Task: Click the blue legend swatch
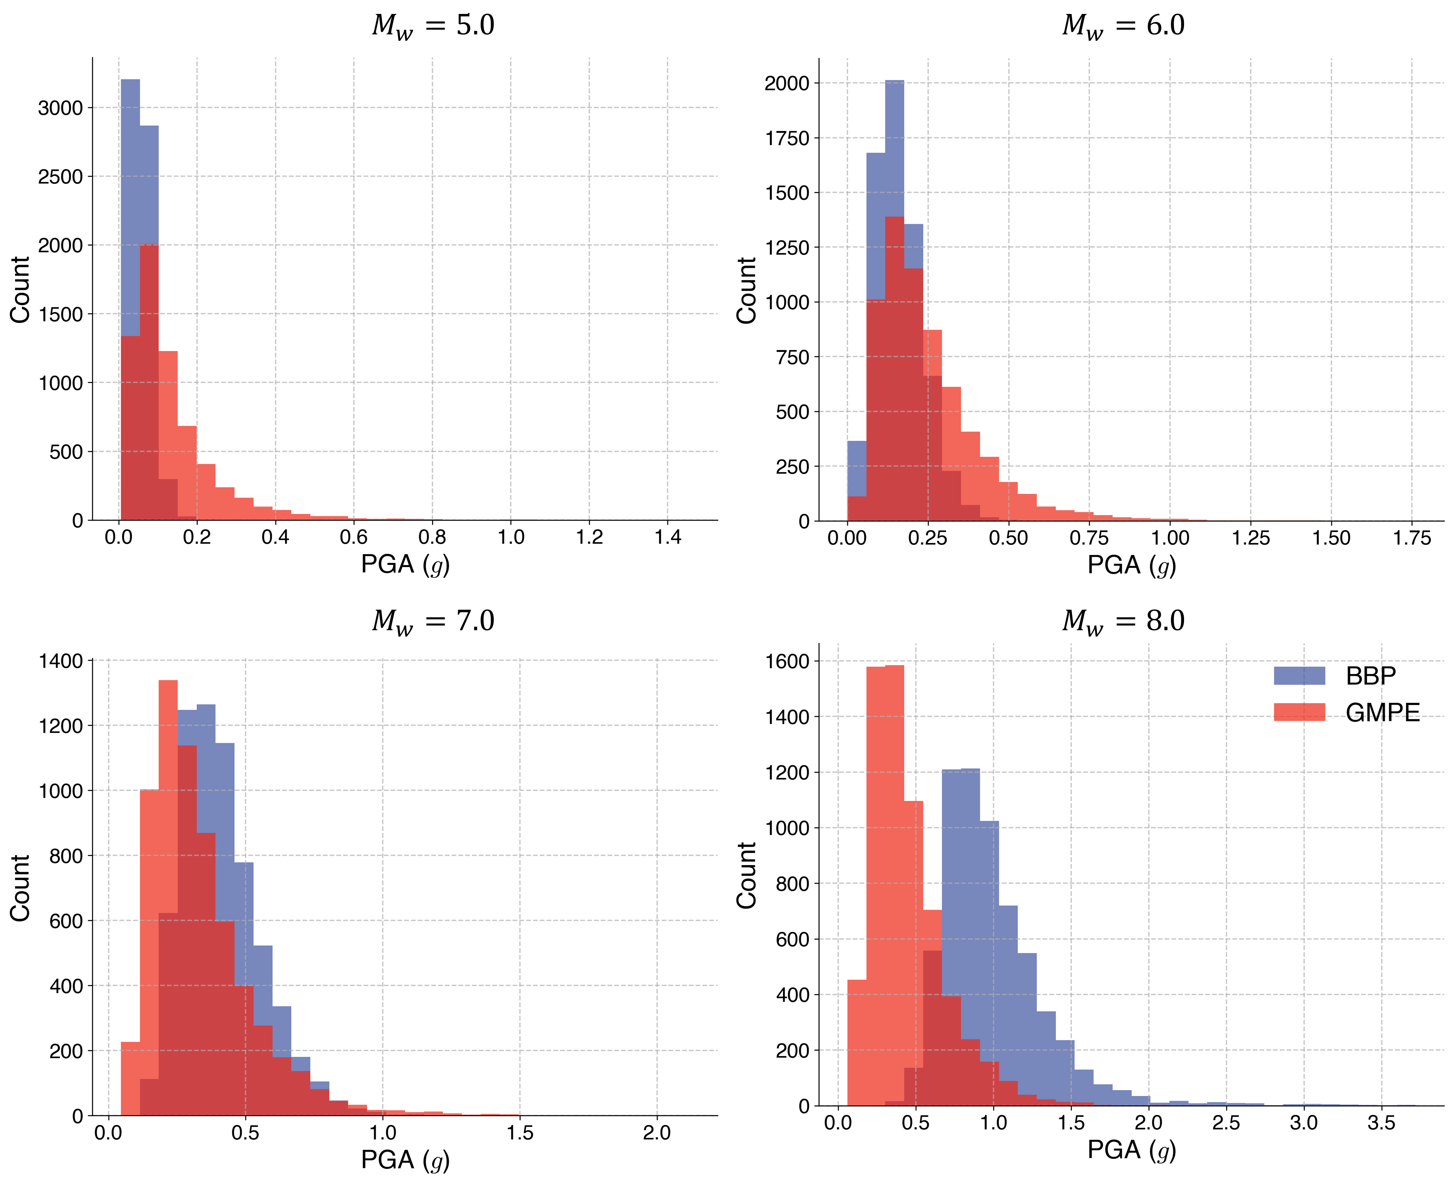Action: coord(1299,675)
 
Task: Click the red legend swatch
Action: coord(1299,711)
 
